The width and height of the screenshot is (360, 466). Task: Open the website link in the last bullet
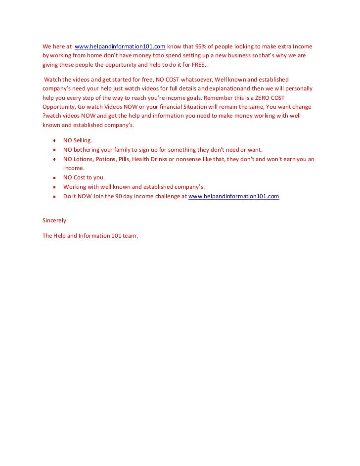234,196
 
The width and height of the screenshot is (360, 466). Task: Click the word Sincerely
54,220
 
